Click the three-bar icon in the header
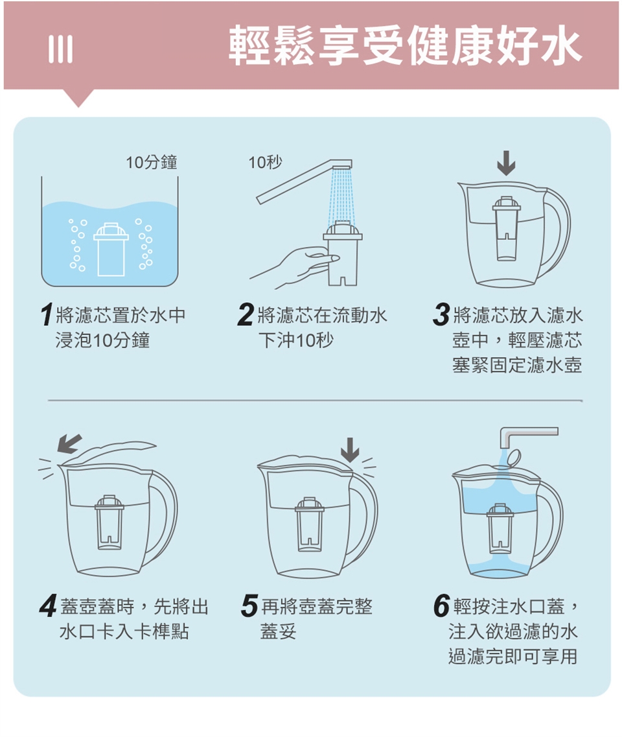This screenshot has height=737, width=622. (x=61, y=49)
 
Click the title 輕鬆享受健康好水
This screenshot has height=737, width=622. (x=405, y=45)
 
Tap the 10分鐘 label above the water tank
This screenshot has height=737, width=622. (x=151, y=162)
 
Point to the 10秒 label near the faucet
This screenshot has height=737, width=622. (x=265, y=162)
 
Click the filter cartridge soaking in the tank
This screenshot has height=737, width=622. (x=111, y=249)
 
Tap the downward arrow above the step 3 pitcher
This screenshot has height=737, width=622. (x=506, y=163)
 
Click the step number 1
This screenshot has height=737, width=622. (x=46, y=315)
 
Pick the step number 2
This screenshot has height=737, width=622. (x=246, y=315)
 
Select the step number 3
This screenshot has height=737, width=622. (x=441, y=315)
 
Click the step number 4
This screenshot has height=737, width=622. (x=49, y=606)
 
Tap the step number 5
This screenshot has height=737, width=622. (x=249, y=606)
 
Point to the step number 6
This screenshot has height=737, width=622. (x=442, y=606)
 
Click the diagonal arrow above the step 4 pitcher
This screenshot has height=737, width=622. (x=69, y=444)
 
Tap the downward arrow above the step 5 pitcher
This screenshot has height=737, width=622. (x=349, y=450)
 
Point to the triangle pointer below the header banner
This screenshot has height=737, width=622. (x=78, y=97)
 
